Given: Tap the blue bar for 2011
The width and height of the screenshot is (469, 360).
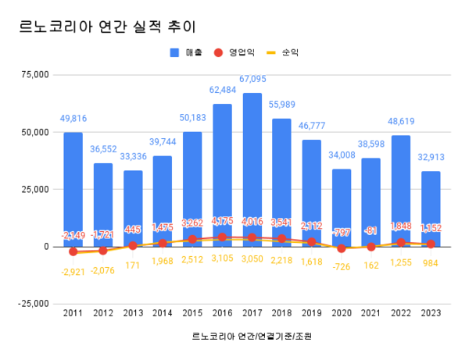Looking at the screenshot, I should click(73, 187).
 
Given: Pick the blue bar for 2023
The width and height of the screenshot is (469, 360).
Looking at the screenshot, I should click(431, 207).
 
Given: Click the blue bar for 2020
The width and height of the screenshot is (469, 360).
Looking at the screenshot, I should click(341, 205).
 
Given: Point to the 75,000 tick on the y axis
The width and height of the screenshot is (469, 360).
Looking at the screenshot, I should click(34, 75).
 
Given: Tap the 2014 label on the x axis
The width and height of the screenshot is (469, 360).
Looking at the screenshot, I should click(162, 313).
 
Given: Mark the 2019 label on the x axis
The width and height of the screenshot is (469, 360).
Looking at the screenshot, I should click(311, 313).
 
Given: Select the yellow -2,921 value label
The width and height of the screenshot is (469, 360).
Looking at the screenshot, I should click(73, 269).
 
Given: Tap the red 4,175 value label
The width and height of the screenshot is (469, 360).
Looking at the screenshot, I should click(222, 222).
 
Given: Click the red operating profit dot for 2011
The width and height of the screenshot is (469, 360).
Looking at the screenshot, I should click(73, 251).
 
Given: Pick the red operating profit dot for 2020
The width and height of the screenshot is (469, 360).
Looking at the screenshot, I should click(341, 248).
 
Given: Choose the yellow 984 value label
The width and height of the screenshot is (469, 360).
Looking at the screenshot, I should click(431, 262).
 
